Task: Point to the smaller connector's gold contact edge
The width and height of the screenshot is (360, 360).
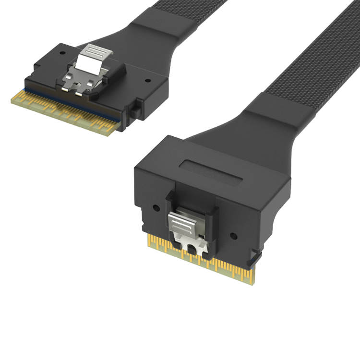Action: (65, 111)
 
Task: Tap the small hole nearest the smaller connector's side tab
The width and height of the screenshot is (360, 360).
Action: (147, 81)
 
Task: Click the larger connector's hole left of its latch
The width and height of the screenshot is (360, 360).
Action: (156, 209)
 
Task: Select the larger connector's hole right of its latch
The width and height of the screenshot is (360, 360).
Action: (234, 236)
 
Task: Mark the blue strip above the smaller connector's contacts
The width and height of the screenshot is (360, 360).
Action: (72, 99)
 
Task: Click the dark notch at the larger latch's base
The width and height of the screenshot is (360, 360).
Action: (193, 249)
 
